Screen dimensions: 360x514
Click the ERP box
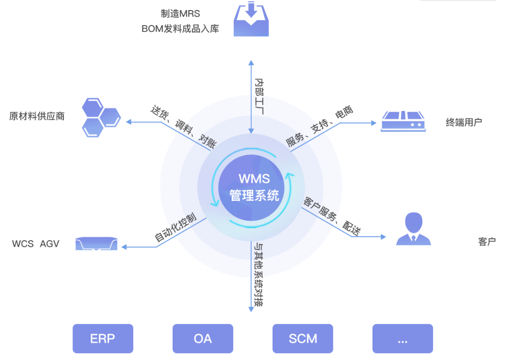[x=103, y=339]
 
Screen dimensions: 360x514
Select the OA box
[x=203, y=339]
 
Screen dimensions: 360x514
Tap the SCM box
[x=303, y=339]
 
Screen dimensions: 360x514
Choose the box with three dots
[x=402, y=339]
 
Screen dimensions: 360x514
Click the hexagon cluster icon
[x=101, y=117]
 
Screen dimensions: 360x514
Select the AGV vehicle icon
[x=96, y=244]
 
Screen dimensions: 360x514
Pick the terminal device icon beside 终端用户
[x=403, y=122]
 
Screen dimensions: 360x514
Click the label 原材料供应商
[x=37, y=116]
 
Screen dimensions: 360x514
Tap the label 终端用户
[x=464, y=122]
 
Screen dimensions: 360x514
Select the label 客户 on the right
[x=487, y=242]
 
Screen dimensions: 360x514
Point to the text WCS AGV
[x=36, y=244]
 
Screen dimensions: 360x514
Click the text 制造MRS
[x=180, y=14]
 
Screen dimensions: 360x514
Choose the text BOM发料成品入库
[x=180, y=29]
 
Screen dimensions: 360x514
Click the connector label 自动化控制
[x=176, y=227]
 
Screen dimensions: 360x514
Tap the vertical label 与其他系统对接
[x=258, y=275]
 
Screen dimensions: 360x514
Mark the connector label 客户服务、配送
[x=332, y=217]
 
